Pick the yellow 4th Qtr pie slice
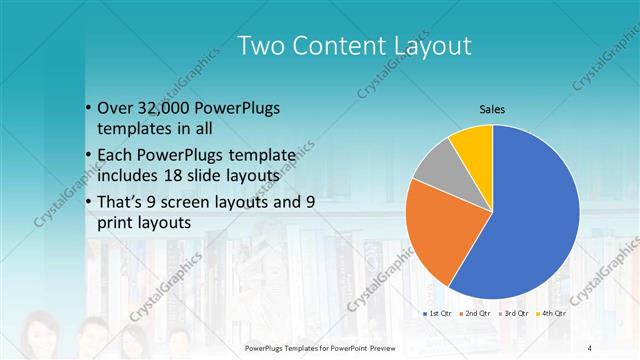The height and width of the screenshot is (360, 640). pos(472,142)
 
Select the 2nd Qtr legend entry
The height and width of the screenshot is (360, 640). pos(475,315)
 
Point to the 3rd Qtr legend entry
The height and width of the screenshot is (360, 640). pos(515,315)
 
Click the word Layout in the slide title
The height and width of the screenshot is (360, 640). pos(424,46)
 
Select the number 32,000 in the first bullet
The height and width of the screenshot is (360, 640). pos(163,107)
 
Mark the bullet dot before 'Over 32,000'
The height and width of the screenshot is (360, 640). pos(88,108)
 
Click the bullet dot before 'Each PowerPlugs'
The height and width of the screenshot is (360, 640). pos(88,155)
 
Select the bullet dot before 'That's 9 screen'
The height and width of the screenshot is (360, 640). pos(88,202)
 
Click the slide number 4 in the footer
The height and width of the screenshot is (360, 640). pos(589,347)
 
